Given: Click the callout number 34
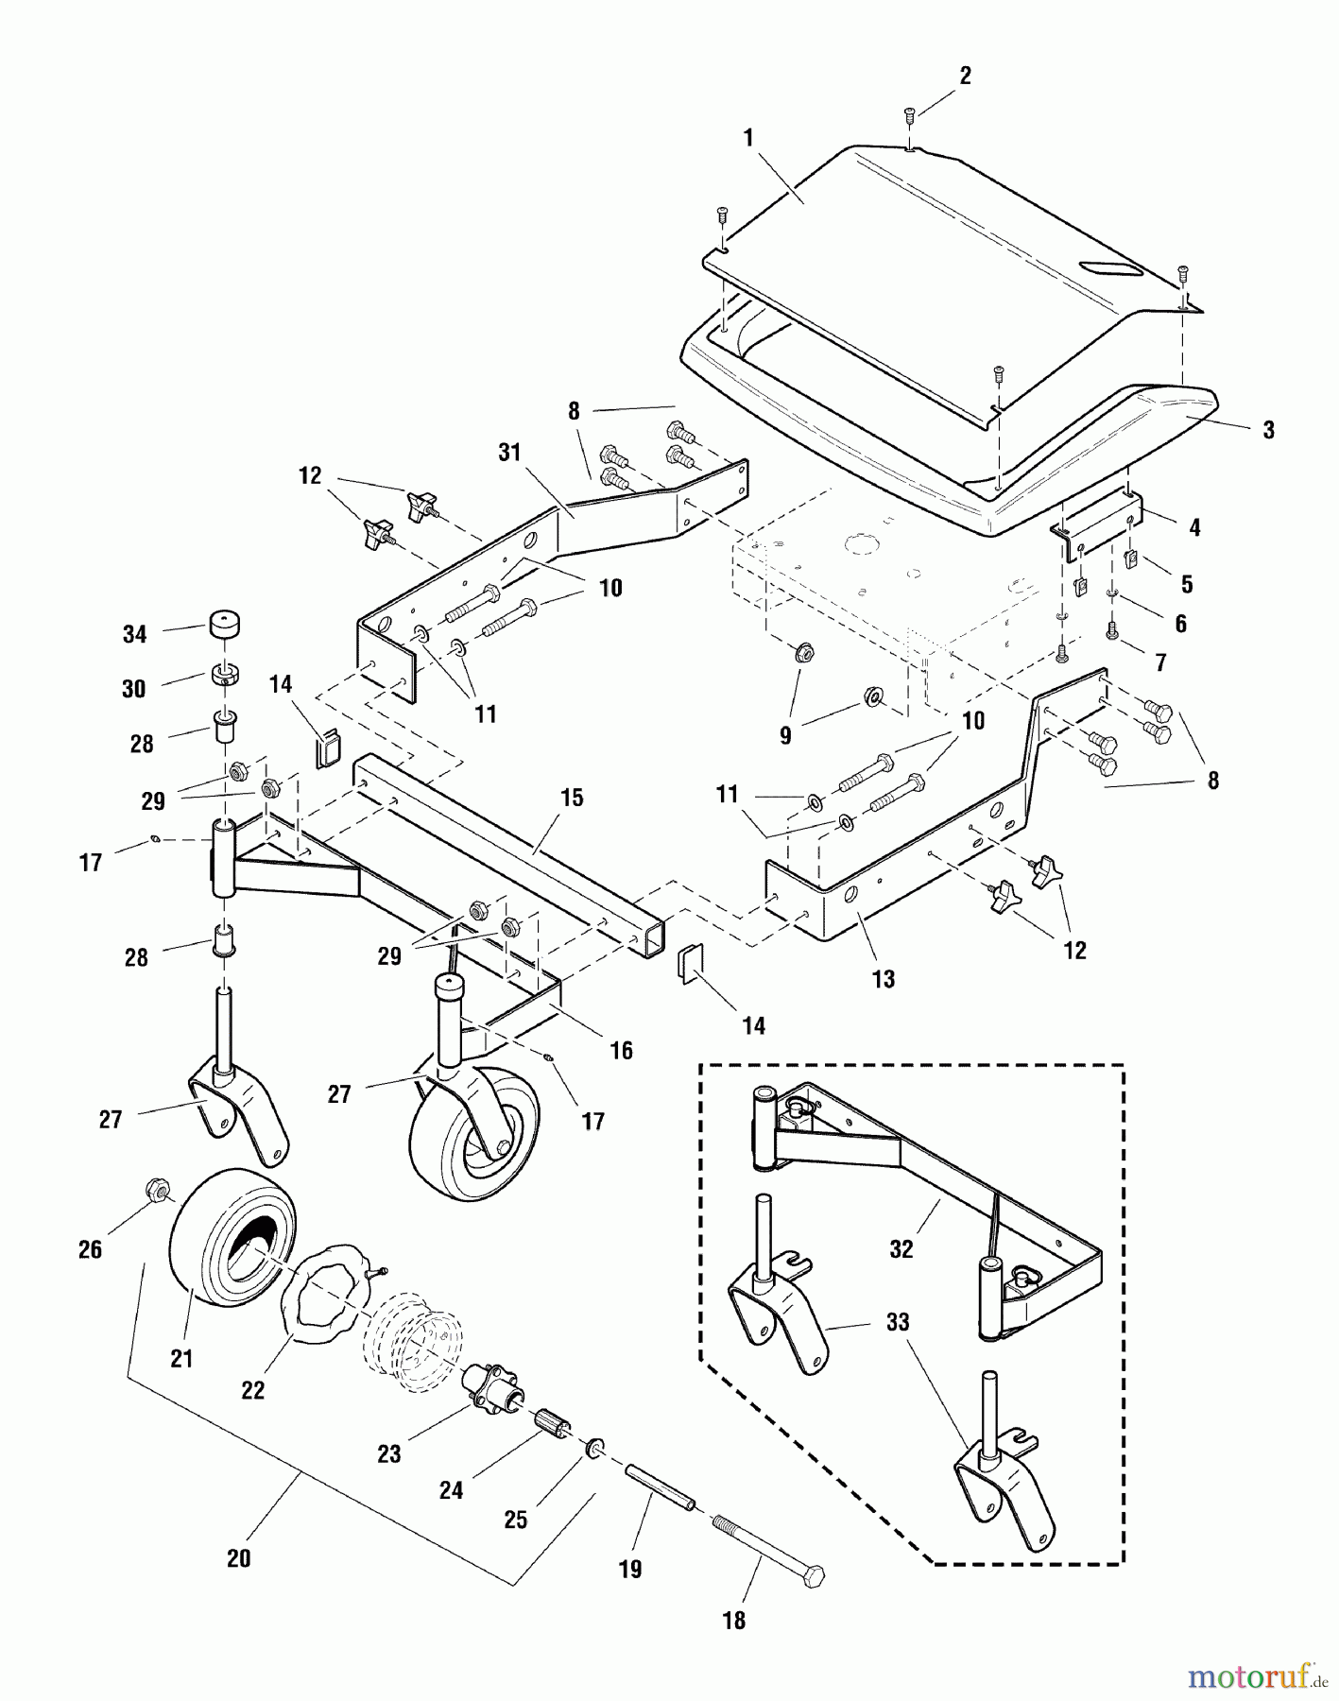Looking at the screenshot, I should (x=135, y=634).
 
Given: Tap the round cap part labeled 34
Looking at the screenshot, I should (x=222, y=627).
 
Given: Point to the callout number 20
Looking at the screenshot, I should (x=238, y=1557).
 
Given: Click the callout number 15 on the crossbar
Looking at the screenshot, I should (x=572, y=798).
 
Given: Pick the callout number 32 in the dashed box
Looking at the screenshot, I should (x=901, y=1248).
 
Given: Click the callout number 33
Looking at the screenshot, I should (x=897, y=1321).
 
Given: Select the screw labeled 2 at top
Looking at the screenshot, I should (x=909, y=115).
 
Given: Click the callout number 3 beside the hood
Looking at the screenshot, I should (x=1268, y=430).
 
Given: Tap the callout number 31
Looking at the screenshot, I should (x=509, y=453).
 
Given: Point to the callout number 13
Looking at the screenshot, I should (x=883, y=979).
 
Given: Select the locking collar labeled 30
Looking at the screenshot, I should (x=222, y=676).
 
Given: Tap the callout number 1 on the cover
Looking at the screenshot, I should (x=748, y=138).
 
